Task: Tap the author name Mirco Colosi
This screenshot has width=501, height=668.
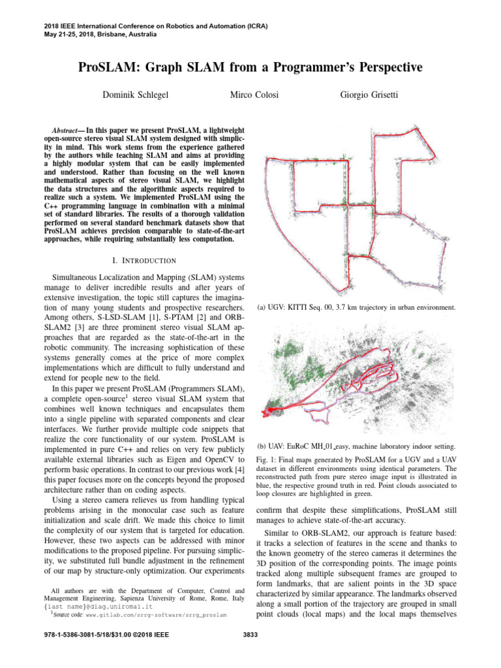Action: click(254, 95)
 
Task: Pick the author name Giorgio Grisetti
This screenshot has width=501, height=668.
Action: click(371, 95)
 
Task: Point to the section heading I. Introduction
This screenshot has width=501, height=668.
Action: click(145, 260)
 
